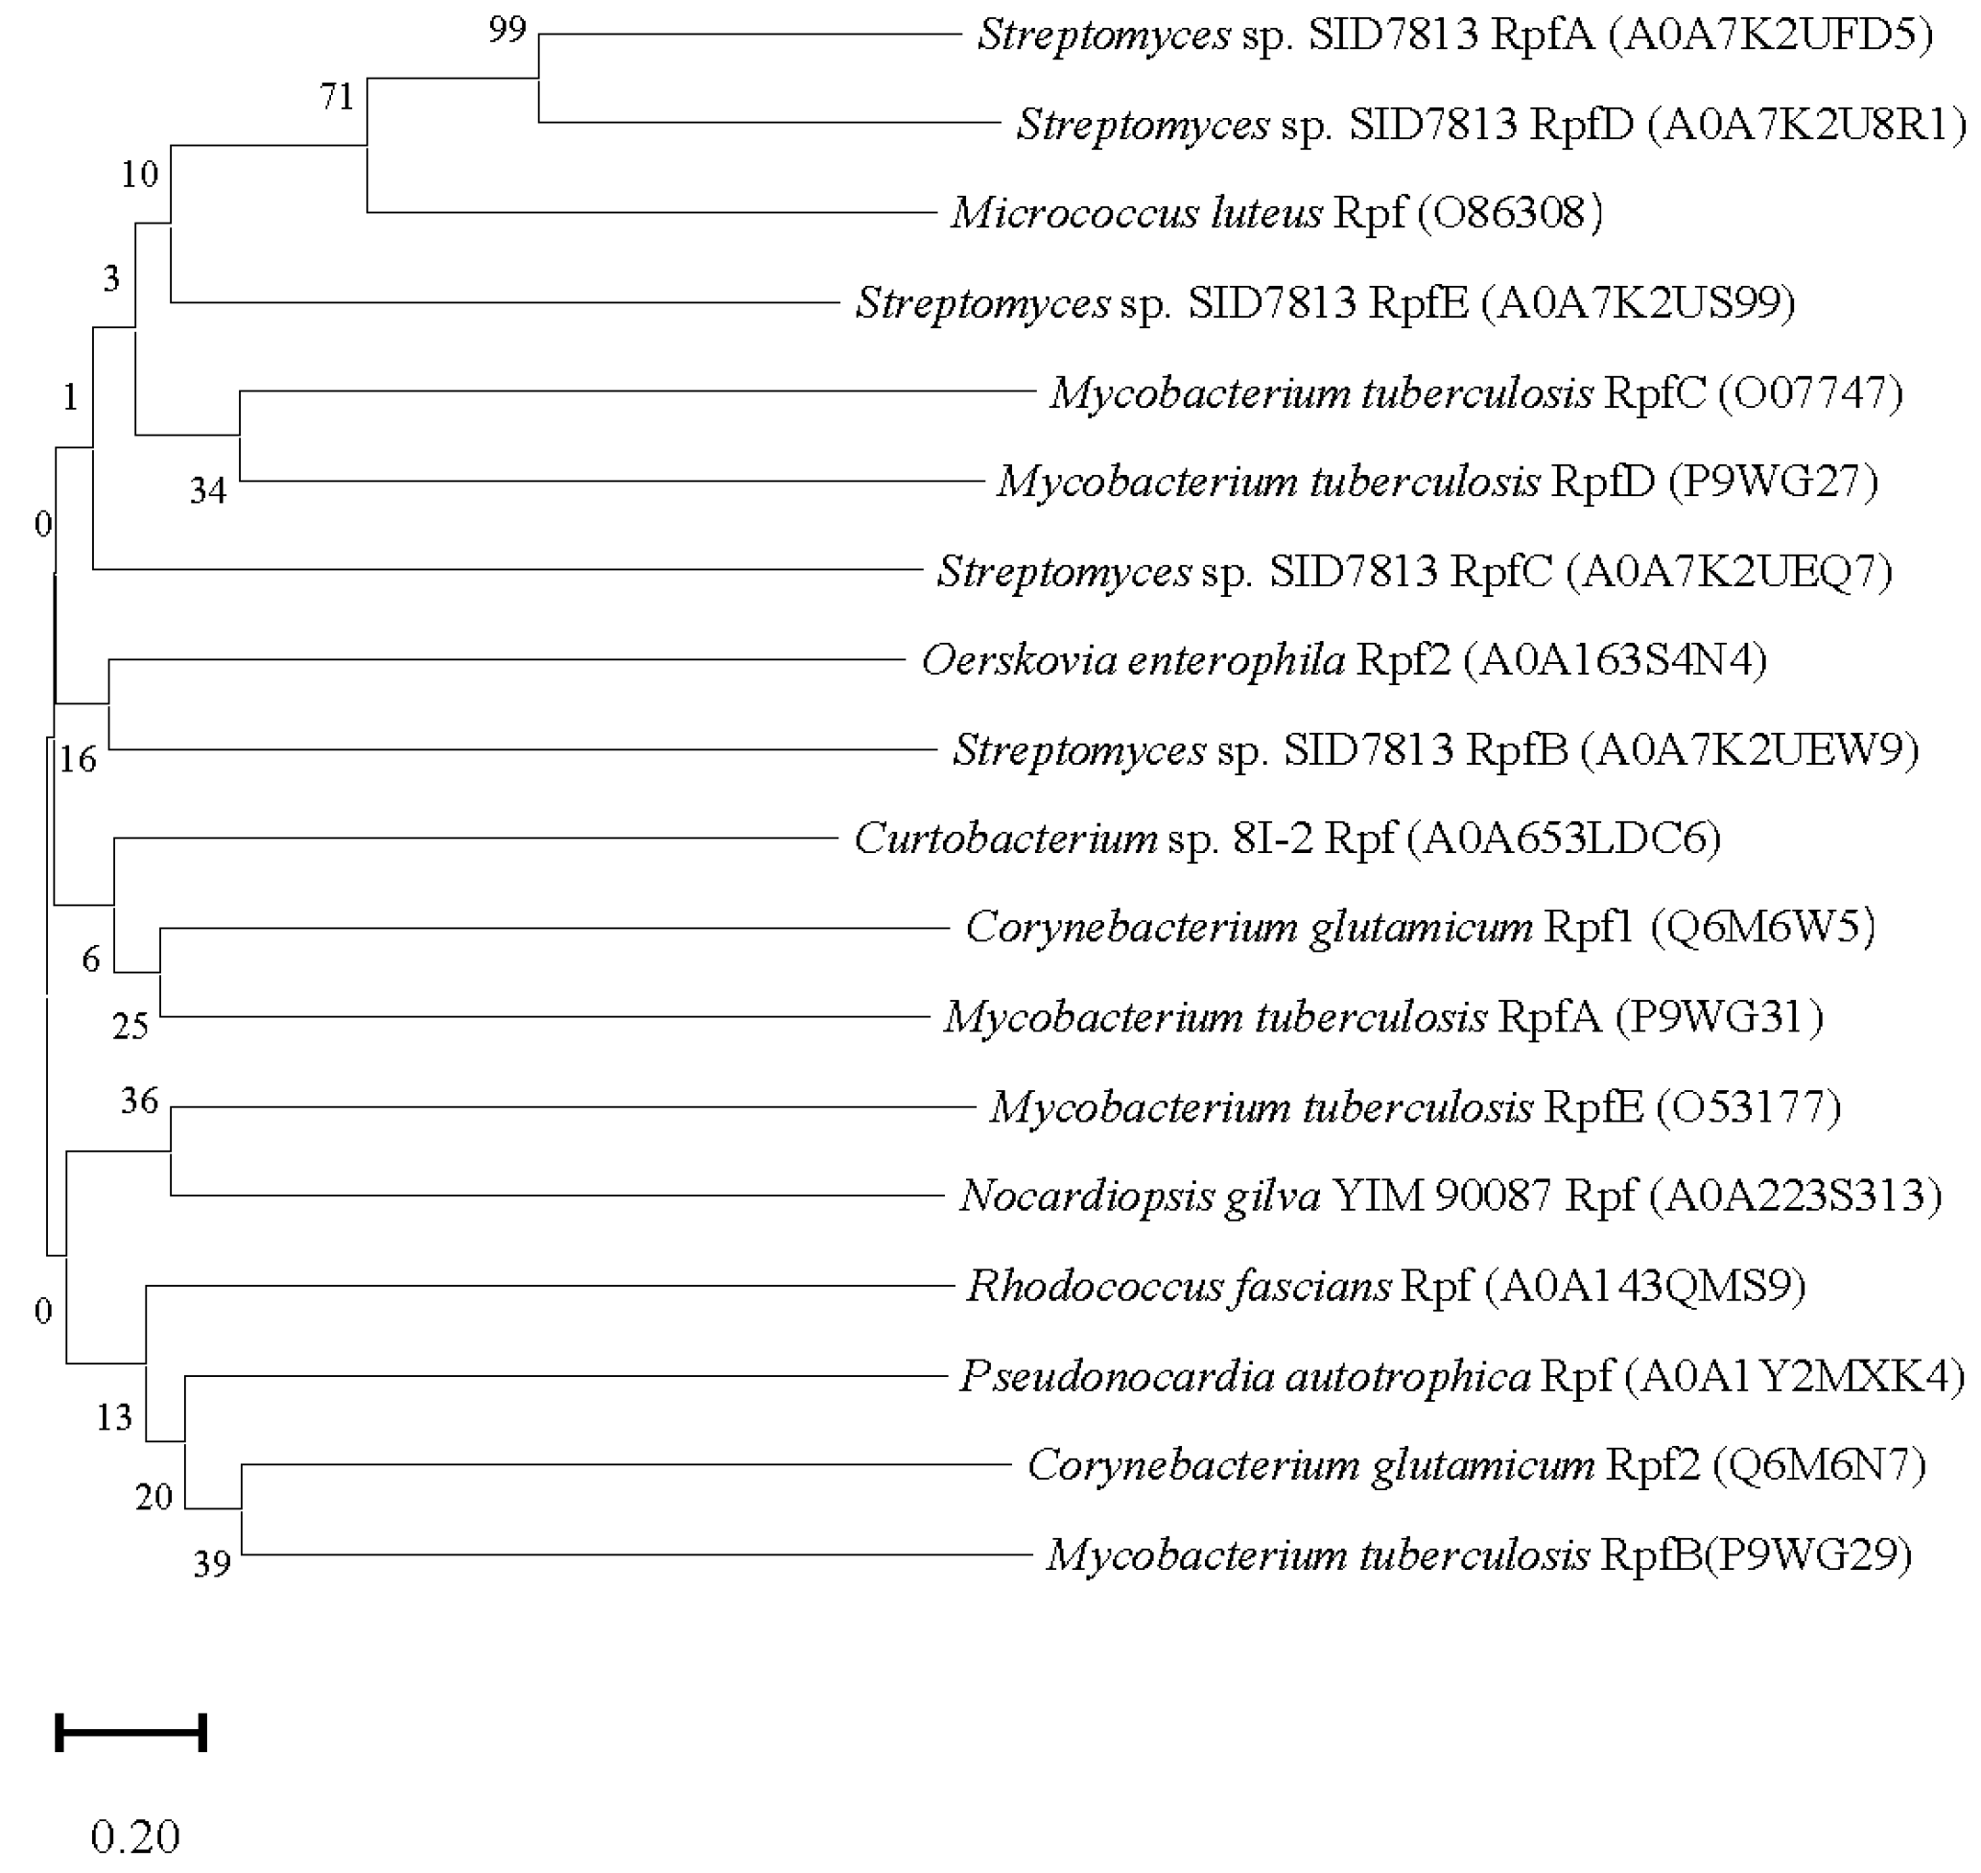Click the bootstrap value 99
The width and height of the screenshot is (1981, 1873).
point(507,30)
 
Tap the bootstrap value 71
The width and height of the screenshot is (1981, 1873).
point(338,97)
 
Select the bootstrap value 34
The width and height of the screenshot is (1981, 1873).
point(208,491)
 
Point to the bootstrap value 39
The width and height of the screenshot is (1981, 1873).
point(212,1563)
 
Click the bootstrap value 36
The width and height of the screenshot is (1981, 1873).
point(140,1102)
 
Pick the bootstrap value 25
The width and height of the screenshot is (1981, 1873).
point(130,1027)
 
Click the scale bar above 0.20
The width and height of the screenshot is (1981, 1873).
point(131,1732)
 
